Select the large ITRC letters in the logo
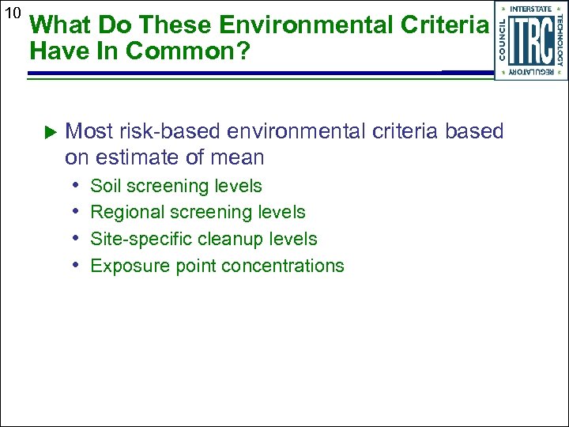click(x=531, y=40)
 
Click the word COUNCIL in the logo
click(x=503, y=40)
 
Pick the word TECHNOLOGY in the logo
click(x=560, y=40)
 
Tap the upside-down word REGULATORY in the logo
click(x=531, y=72)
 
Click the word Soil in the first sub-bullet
click(x=107, y=186)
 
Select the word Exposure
click(x=125, y=266)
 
